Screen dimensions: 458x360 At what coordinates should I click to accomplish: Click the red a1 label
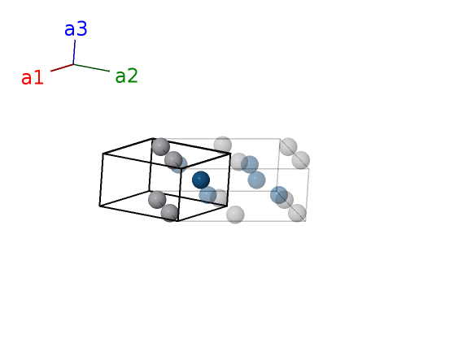coord(33,78)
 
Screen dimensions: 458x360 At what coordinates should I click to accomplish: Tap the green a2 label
coord(126,76)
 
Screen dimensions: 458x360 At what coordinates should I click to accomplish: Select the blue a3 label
coord(76,29)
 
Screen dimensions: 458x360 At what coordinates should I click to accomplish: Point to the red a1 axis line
coord(62,67)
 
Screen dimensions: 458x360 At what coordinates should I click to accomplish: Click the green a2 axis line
coord(91,67)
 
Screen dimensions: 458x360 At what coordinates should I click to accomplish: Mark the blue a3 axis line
coord(74,52)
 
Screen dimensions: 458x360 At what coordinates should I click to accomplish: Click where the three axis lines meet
coord(73,64)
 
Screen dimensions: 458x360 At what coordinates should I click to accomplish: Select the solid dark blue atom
coord(201,180)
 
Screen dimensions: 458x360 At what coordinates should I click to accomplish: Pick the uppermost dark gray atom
coord(161,147)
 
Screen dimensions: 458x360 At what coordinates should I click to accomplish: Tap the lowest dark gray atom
coord(170,213)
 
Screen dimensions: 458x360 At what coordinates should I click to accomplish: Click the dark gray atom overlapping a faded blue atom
coord(173,160)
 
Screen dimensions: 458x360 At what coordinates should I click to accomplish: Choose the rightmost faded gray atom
coord(300,160)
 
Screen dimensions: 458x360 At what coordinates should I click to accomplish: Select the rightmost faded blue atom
coord(279,195)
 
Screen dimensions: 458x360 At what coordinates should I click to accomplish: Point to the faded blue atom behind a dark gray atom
coord(178,164)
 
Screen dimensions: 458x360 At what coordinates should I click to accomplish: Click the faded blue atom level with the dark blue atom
coord(256,180)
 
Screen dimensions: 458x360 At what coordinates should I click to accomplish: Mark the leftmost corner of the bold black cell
coord(99,206)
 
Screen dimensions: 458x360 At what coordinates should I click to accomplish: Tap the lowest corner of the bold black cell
coord(178,221)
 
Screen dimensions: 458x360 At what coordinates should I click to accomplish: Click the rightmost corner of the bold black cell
coord(231,154)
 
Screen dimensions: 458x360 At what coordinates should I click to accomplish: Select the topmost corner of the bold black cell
coord(152,138)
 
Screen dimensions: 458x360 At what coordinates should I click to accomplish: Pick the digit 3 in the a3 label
coord(82,29)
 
